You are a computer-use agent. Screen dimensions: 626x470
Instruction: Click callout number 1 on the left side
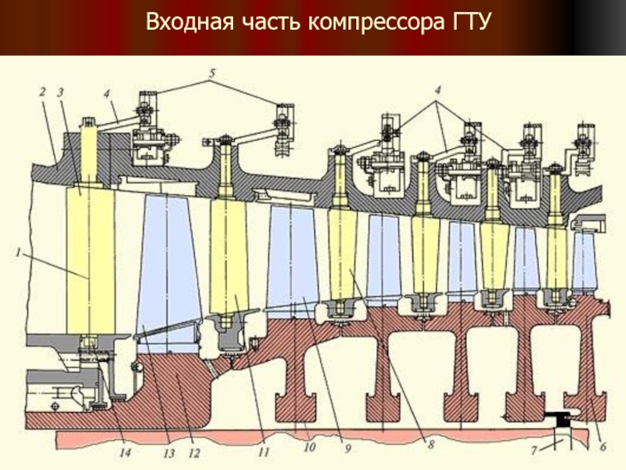click(17, 252)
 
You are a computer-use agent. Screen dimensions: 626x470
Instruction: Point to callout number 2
click(41, 92)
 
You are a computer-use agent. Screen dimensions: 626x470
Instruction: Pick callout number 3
click(60, 92)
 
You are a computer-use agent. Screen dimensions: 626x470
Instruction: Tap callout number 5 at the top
click(210, 74)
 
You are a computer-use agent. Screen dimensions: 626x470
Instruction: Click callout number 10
click(310, 448)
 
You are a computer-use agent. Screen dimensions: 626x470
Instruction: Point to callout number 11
click(264, 453)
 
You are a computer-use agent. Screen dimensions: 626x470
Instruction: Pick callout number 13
click(167, 453)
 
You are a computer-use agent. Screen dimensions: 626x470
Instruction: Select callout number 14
click(125, 453)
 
